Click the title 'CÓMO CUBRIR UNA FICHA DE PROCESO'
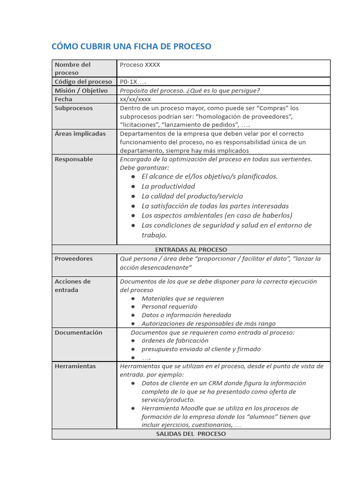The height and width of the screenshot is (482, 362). tap(131, 46)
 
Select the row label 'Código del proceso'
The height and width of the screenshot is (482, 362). tap(83, 82)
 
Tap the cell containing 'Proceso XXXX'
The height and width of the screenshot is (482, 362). tap(140, 64)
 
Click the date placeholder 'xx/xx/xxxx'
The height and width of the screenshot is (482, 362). tap(135, 99)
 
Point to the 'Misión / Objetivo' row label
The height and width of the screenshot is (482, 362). tap(81, 90)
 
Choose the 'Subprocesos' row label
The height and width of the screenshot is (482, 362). tap(74, 108)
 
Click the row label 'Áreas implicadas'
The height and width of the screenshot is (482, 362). tap(80, 134)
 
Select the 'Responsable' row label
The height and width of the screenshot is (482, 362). tap(74, 159)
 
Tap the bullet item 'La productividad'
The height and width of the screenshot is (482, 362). tap(168, 186)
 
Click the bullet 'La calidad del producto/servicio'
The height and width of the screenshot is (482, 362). tap(192, 196)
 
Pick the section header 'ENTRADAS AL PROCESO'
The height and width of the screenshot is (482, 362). tap(191, 249)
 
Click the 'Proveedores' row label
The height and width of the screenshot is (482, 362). tap(74, 258)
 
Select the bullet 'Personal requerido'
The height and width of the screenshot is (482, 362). tap(170, 306)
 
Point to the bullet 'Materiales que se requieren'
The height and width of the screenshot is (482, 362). tap(183, 298)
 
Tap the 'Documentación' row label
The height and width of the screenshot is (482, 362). tap(78, 332)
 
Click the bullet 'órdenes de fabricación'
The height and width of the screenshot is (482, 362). tap(175, 340)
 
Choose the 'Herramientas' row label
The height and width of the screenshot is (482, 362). tap(75, 366)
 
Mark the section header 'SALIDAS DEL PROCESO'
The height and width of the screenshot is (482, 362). tap(191, 434)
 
